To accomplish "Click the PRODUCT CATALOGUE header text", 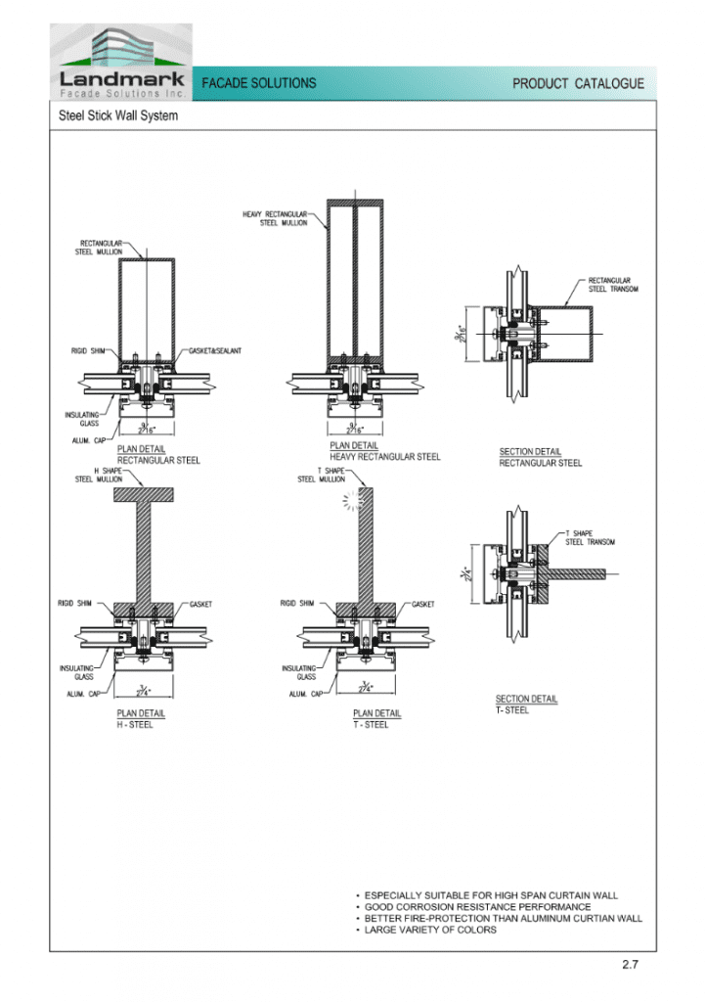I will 578,84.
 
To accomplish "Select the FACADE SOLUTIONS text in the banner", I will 259,84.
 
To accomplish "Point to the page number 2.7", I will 631,966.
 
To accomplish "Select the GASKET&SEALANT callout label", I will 215,351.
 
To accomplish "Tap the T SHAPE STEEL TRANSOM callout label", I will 590,538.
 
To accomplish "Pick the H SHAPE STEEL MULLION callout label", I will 98,476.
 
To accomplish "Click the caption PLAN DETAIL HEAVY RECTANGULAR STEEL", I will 384,451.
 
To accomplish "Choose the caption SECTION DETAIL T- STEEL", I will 526,705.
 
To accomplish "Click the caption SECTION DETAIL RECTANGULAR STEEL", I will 540,457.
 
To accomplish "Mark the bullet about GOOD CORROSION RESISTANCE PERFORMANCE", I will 477,907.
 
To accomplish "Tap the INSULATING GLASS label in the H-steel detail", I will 75,672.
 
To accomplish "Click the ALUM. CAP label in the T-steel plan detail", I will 306,694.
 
